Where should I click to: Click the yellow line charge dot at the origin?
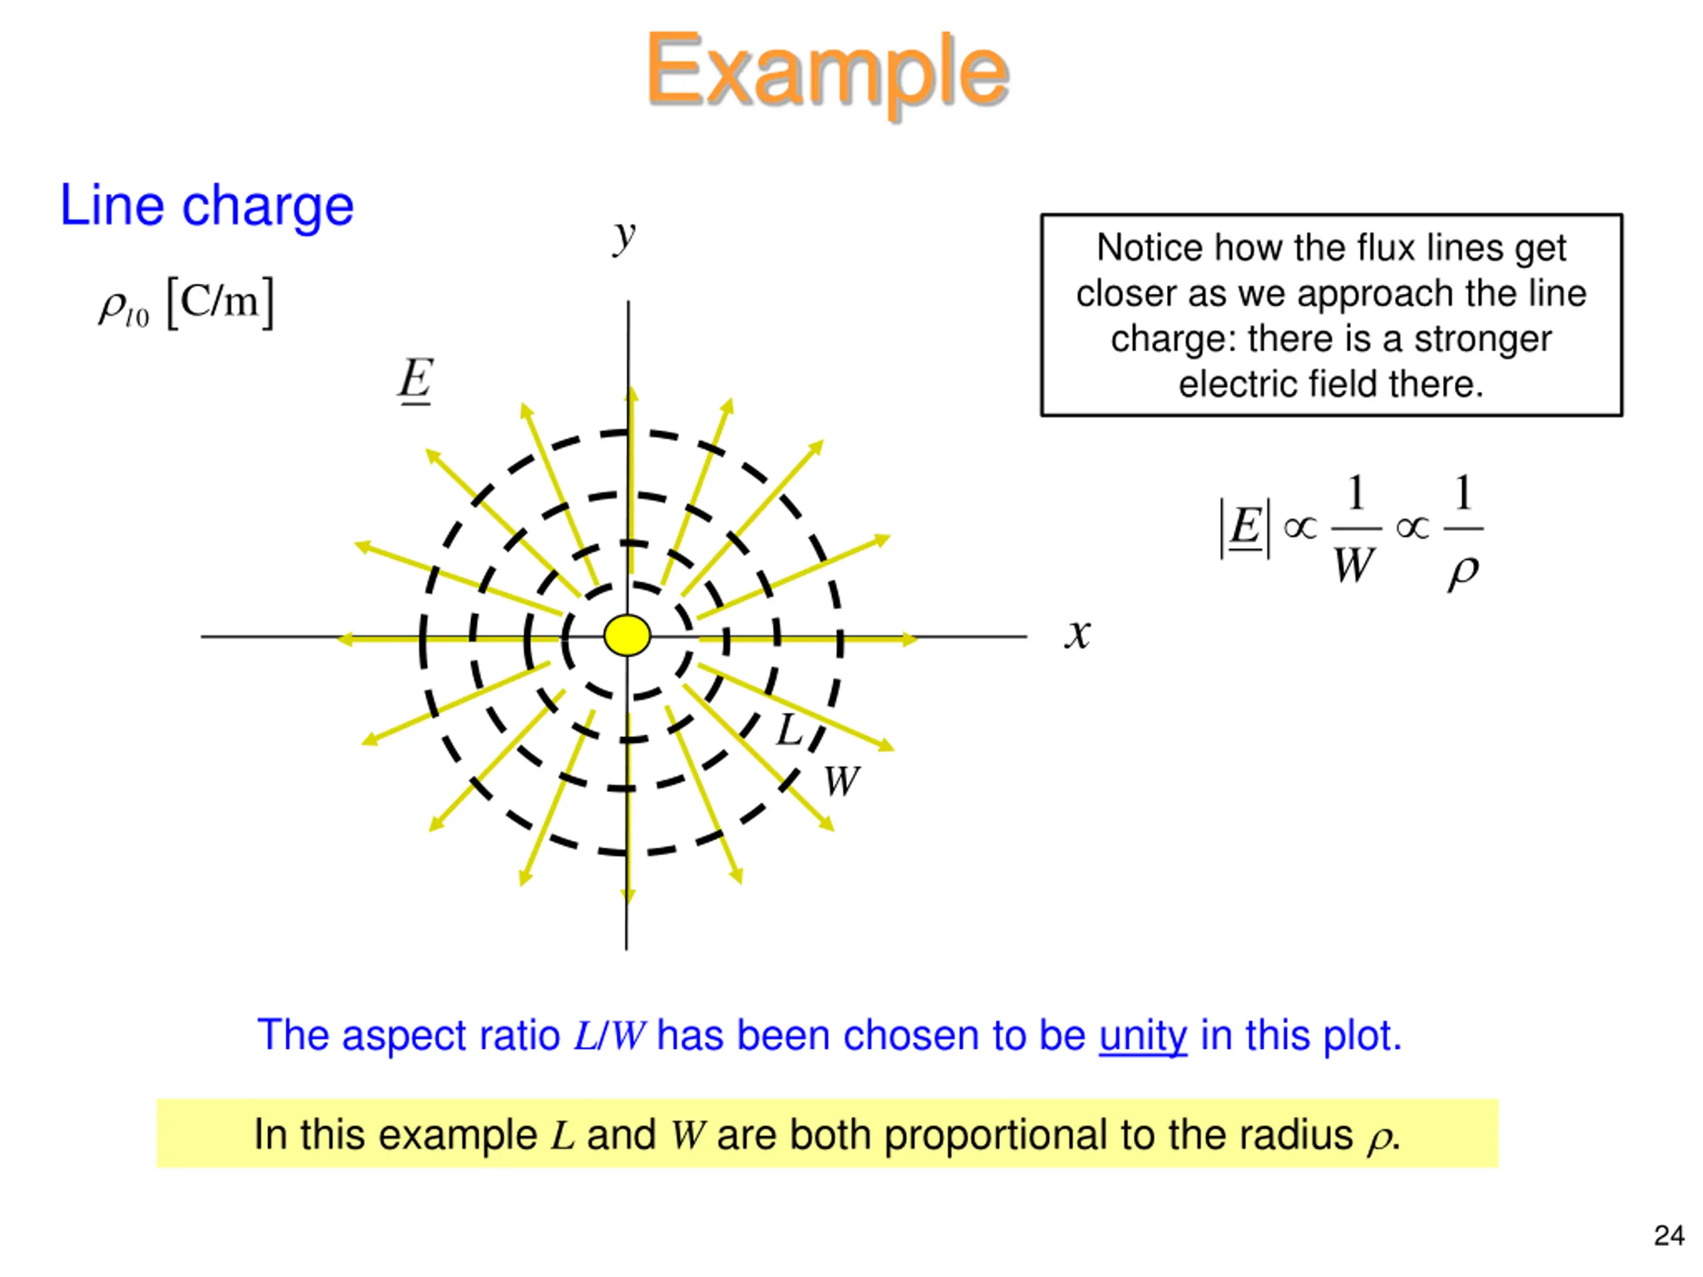(627, 636)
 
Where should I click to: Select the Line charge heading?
(206, 206)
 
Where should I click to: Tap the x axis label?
(1078, 635)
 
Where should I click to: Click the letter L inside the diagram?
(789, 730)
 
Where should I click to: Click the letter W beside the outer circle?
(841, 781)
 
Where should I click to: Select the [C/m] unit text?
(220, 303)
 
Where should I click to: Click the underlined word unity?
(1142, 1036)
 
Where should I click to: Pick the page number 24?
(1668, 1236)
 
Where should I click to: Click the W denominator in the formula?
(1352, 567)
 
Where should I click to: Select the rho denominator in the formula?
(1463, 571)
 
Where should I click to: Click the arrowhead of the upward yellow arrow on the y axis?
(631, 394)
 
